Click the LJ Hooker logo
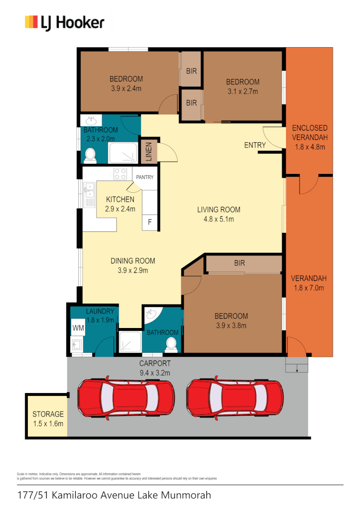point(65,23)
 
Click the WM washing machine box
point(77,327)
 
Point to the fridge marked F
point(150,222)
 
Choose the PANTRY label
point(145,177)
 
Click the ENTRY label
point(255,145)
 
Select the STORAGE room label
point(48,414)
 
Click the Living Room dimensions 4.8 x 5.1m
point(219,219)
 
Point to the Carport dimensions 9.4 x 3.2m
point(155,373)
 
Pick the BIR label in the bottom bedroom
point(239,263)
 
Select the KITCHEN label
point(120,200)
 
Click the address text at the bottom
point(114,495)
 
